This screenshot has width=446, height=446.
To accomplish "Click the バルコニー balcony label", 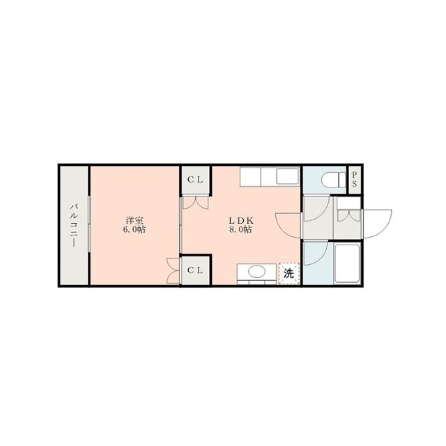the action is point(73,225).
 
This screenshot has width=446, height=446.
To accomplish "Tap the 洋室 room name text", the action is point(134,220).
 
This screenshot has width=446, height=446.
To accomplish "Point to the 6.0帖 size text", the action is point(134,230).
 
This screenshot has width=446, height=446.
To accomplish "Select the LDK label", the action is point(241,220).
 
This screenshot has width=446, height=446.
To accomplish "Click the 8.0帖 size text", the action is point(240,230).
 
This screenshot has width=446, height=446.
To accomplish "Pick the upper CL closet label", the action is point(195,180).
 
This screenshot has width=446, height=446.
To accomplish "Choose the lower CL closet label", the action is point(195,270).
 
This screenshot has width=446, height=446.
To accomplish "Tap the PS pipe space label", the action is point(355,179).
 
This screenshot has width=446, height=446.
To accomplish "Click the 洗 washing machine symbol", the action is point(289,274).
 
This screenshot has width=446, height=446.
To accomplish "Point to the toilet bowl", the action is point(333,180).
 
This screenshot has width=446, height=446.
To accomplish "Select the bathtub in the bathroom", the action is point(348,263).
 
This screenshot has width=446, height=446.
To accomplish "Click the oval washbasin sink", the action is point(257,271).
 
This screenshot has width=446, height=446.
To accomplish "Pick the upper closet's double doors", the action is point(195,203).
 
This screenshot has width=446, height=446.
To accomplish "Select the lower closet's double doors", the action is point(173,270).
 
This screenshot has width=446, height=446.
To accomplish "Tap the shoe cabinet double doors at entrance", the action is point(349,215).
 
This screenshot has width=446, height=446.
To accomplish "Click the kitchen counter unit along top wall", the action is point(270,176).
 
